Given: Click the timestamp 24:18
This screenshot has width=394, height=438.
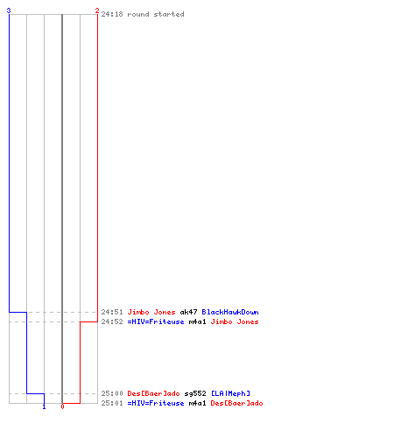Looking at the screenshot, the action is tap(112, 14).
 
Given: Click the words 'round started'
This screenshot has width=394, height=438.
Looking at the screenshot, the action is tap(156, 14).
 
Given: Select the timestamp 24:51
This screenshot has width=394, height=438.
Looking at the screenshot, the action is tap(112, 312).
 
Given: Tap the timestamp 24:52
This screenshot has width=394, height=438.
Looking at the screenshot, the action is tap(112, 321).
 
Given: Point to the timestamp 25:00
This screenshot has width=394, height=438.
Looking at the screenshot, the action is tap(112, 393).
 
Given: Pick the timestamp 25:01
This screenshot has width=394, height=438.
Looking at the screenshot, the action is tap(112, 403).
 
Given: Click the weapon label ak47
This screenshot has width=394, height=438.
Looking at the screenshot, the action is tap(188, 312).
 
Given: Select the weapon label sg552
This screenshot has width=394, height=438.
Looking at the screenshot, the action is tap(195, 393).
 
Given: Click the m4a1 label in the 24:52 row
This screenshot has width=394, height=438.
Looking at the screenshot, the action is tap(197, 321).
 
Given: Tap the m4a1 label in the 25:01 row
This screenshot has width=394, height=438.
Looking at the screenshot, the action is tap(197, 403).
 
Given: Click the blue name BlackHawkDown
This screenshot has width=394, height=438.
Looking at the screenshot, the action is tap(230, 312).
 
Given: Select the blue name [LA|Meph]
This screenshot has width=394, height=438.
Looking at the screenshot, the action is tap(230, 393).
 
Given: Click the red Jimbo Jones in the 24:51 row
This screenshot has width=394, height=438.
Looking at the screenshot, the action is tap(151, 312).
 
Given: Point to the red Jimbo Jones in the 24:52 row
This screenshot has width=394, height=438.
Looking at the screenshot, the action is tap(235, 321).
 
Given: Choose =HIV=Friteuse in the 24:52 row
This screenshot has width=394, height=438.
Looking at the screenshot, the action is tap(156, 321).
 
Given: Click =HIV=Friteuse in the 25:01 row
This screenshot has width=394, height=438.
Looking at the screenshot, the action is tap(156, 403).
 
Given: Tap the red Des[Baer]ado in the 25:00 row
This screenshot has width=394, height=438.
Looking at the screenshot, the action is tap(153, 393).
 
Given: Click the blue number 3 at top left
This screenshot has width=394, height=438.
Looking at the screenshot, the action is tap(9, 11).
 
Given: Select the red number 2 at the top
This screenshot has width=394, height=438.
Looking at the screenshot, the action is tap(97, 11).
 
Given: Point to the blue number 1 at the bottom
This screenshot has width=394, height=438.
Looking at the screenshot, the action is tap(44, 406).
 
